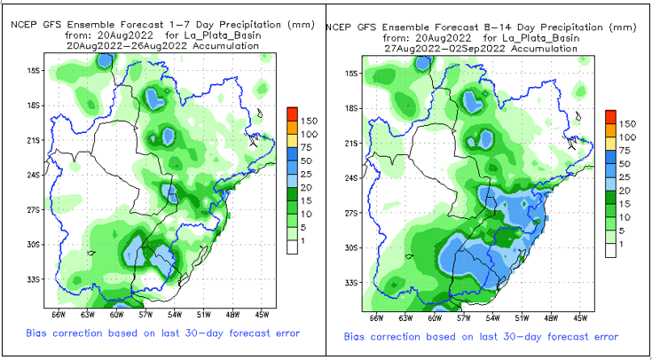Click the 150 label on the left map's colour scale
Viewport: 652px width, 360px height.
coord(310,120)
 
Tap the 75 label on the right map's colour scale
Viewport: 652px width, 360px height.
coord(626,151)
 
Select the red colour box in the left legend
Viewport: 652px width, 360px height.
coord(292,113)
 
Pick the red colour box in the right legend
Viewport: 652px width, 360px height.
coord(610,117)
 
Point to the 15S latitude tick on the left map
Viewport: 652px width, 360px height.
coord(35,70)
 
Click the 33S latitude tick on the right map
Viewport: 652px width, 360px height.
coord(354,283)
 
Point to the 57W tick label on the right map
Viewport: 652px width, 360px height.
coord(464,317)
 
